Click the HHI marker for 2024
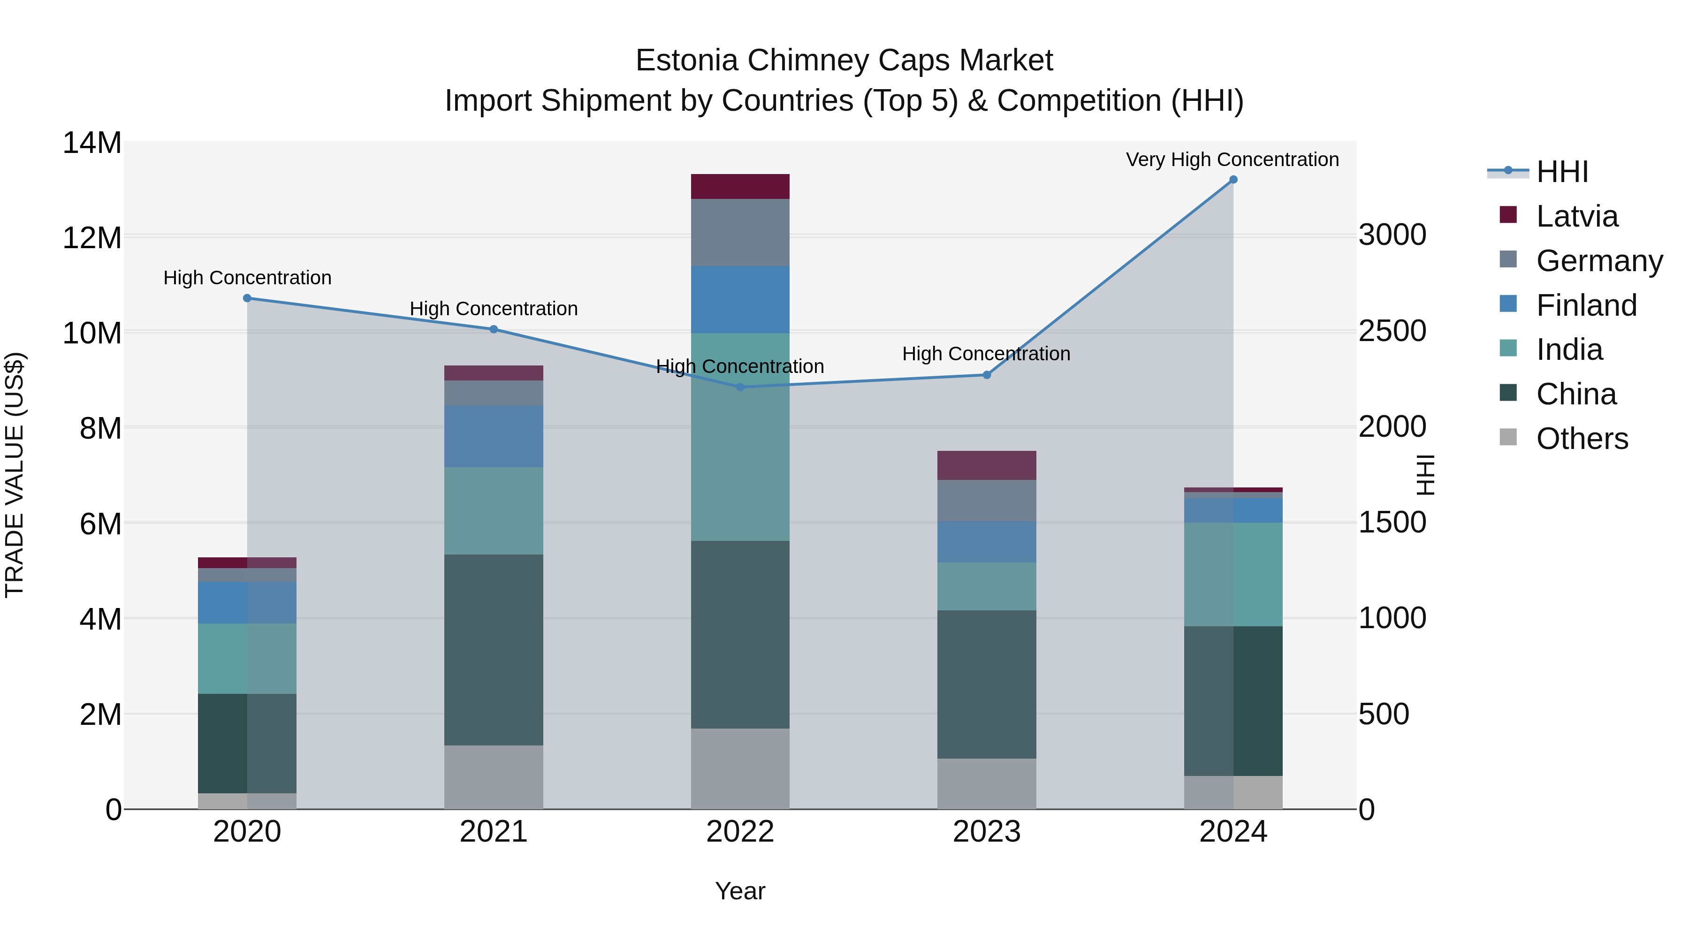[x=1233, y=180]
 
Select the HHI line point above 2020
[x=247, y=298]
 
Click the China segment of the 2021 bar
[x=493, y=650]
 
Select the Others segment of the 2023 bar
[x=986, y=783]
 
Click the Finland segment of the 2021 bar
[x=493, y=437]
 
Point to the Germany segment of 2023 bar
[x=986, y=501]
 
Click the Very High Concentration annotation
[x=1232, y=160]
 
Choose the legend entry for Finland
[x=1586, y=305]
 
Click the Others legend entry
[x=1582, y=439]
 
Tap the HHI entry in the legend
[x=1562, y=172]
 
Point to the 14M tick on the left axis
[x=92, y=143]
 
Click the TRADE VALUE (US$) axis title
[x=15, y=475]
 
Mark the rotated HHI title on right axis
[x=1425, y=475]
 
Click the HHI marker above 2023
[x=986, y=375]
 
